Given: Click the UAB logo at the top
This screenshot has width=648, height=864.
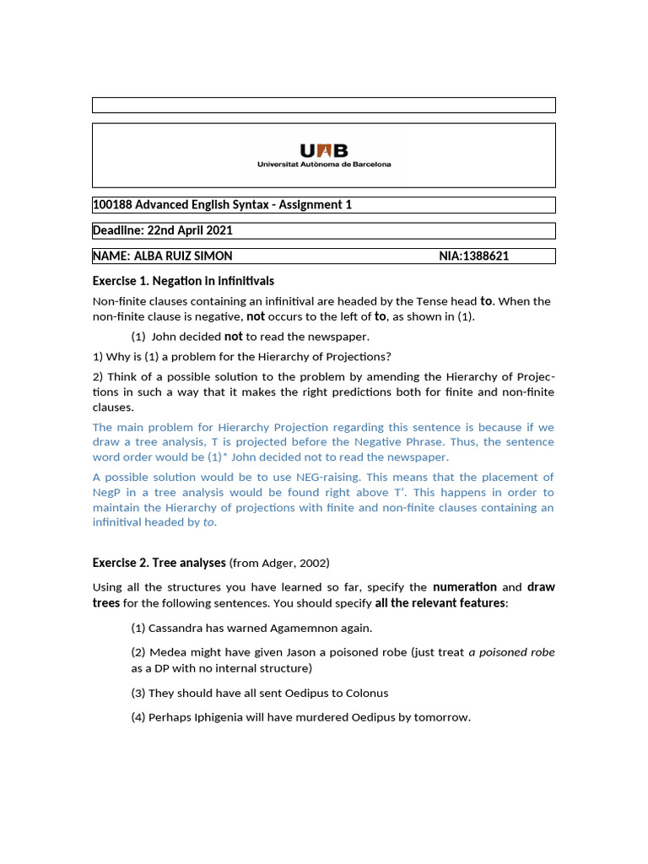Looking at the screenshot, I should (324, 154).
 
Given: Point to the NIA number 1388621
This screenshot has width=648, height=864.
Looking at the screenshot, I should (488, 256).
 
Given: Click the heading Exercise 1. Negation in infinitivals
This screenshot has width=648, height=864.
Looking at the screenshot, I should (183, 281).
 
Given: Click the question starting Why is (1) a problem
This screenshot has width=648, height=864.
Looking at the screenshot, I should (241, 356).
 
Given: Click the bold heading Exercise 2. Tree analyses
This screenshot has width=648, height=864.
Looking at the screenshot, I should (159, 563).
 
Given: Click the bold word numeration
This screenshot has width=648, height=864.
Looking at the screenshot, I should (465, 587).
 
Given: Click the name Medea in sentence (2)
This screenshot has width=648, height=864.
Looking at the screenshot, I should (166, 652).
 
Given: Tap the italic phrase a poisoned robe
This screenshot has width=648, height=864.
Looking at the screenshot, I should (511, 652).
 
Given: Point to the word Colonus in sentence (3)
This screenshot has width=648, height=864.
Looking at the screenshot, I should (364, 693).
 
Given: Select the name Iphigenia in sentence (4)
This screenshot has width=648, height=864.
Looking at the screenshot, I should (224, 717).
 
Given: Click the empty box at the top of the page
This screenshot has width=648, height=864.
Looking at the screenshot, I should (324, 105).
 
